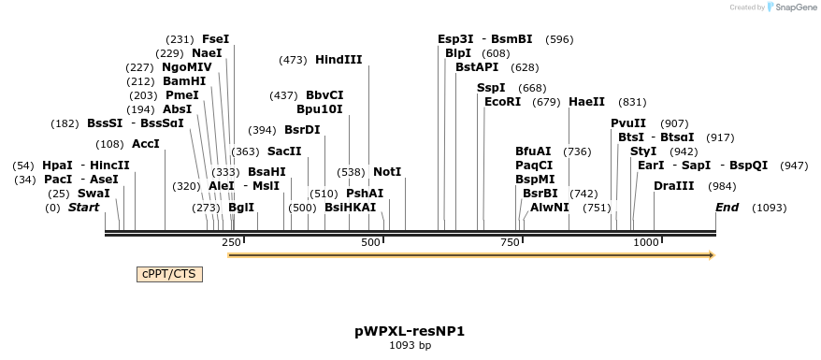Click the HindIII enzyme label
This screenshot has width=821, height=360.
[x=338, y=60]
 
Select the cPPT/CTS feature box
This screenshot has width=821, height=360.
[x=169, y=274]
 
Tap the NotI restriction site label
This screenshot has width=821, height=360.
[x=387, y=172]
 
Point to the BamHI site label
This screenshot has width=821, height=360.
[x=184, y=80]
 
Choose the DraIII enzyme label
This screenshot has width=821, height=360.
[x=674, y=186]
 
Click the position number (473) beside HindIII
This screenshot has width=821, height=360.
[x=293, y=60]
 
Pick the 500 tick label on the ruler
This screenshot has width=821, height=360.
[x=370, y=243]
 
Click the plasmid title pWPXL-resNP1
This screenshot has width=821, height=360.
[x=410, y=331]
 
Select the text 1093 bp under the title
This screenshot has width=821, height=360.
[x=410, y=346]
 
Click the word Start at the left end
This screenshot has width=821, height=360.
[x=84, y=207]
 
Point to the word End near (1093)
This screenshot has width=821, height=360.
[x=727, y=207]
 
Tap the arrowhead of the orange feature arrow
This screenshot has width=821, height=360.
[x=712, y=254]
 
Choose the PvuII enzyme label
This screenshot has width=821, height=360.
[x=628, y=123]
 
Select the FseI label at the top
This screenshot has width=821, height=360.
[x=215, y=39]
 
